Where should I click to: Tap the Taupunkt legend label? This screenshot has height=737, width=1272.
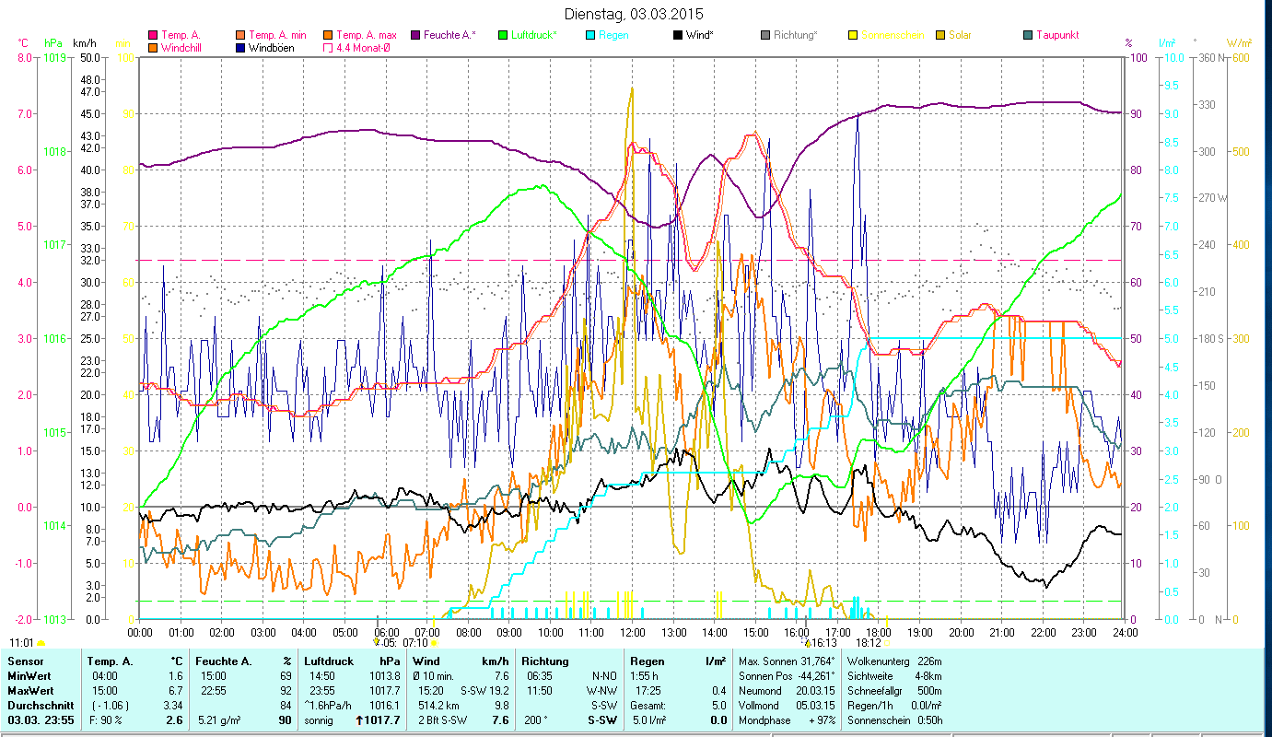[1056, 35]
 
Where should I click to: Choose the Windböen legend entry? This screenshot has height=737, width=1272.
[271, 47]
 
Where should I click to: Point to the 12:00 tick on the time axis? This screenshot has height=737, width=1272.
[633, 633]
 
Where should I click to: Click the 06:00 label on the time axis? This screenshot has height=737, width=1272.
[386, 633]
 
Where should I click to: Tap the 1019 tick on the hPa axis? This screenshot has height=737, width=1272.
[54, 58]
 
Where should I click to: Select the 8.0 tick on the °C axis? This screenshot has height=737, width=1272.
[24, 58]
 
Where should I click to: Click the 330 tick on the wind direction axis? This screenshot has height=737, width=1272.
[1204, 105]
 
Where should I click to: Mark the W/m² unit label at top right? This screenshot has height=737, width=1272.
[1238, 42]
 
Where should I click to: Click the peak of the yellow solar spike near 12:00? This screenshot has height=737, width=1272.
[632, 88]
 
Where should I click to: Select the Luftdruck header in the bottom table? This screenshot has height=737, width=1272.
[328, 661]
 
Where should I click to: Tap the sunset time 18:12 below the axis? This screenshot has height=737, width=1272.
[869, 643]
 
